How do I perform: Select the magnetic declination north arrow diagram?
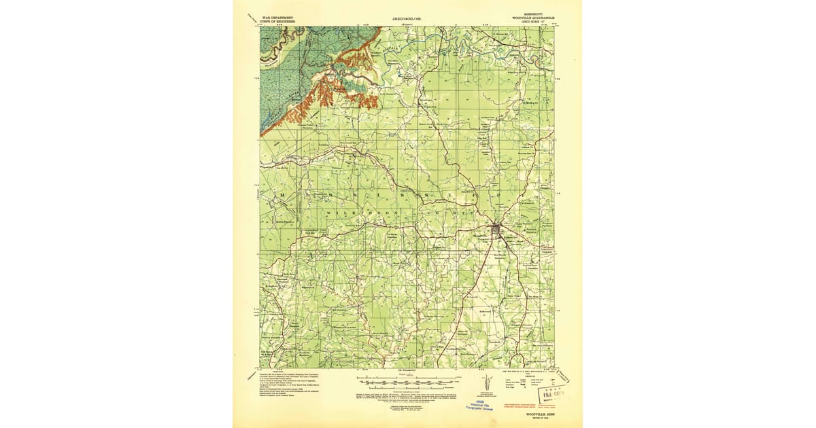[485, 384]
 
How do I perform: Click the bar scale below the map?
[408, 378]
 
